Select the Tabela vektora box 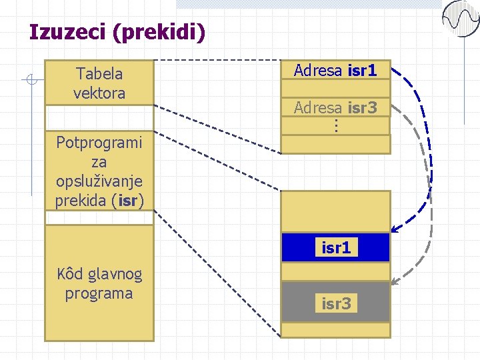click(x=99, y=83)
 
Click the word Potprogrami click(x=99, y=143)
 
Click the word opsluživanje click(x=99, y=181)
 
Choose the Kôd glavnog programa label click(x=99, y=283)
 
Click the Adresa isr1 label click(x=335, y=70)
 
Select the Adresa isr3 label click(x=335, y=107)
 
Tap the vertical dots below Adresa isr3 click(x=336, y=125)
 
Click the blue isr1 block click(x=335, y=247)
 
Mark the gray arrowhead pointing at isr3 click(x=395, y=282)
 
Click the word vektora click(x=99, y=93)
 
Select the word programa click(x=99, y=293)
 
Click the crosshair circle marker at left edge click(x=29, y=81)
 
